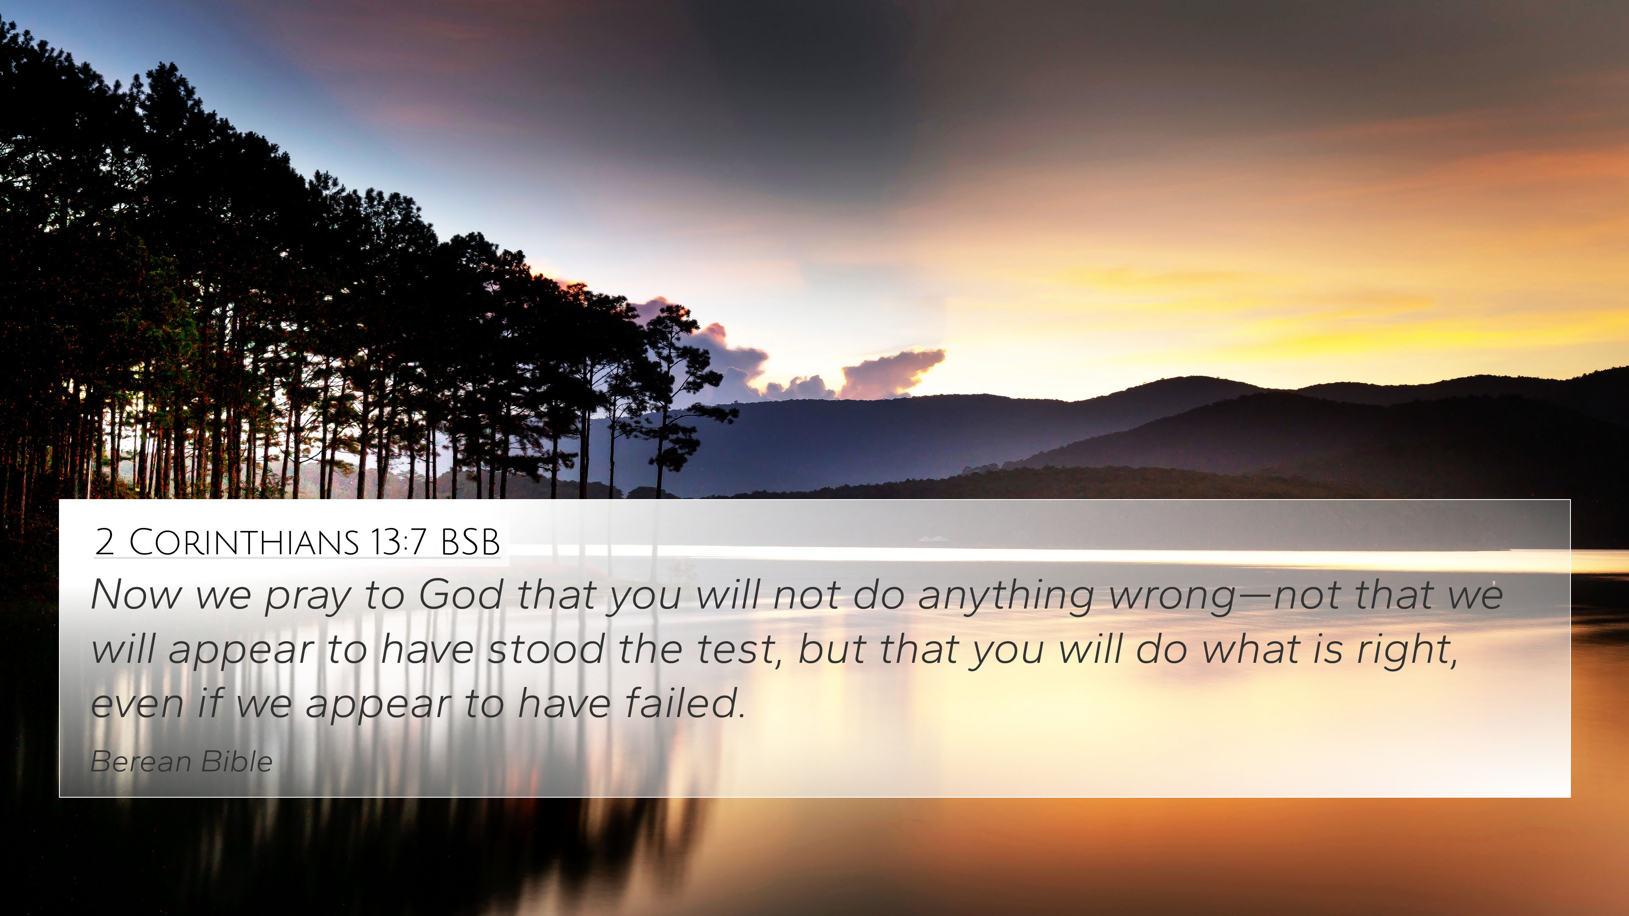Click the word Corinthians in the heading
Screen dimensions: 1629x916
pos(244,542)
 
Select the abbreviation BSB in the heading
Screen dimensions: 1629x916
pos(470,542)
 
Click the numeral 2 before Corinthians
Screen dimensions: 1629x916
pos(105,542)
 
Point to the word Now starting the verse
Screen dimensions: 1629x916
pos(136,595)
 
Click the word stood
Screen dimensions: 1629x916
pos(546,649)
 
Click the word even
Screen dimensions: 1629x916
pos(137,705)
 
